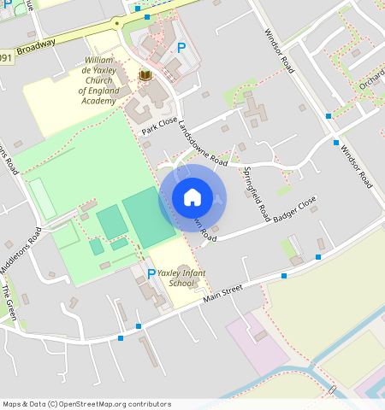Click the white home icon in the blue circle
tap(192, 197)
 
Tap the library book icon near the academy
tap(145, 76)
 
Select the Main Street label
tap(224, 295)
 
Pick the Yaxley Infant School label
tap(181, 278)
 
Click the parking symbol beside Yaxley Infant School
tap(151, 273)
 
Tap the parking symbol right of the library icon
tap(181, 48)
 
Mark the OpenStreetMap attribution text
tap(86, 404)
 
